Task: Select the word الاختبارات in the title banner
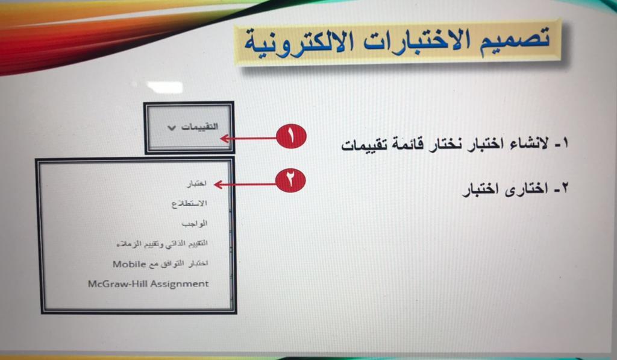pos(417,41)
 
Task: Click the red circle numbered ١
pos(291,136)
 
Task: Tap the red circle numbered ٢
pos(290,180)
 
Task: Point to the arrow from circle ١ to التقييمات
pos(248,138)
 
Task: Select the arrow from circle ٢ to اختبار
pos(245,184)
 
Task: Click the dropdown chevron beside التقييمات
pos(172,128)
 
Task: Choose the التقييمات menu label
pos(199,127)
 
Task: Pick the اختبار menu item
pos(197,183)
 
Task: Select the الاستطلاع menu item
pos(189,204)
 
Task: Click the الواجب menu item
pos(195,224)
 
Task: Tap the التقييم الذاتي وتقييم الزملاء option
pos(162,244)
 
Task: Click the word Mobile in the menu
pos(124,264)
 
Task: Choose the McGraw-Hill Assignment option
pos(148,284)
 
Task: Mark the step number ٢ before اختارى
pos(564,188)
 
